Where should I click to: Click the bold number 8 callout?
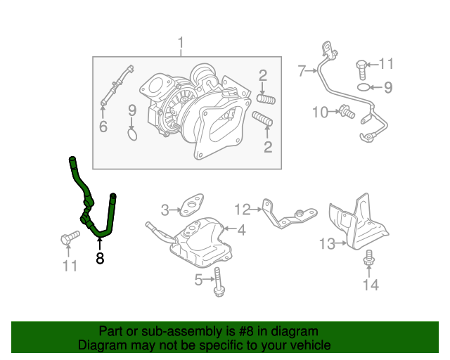pos(100,259)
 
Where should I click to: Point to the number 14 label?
pos(371,284)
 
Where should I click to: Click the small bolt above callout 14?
pos(367,258)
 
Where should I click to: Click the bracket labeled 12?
pos(285,214)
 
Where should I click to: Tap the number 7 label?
pos(302,70)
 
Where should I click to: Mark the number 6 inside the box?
pos(103,127)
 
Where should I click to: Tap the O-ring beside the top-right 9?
pos(361,88)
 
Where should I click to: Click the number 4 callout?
pos(240,230)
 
